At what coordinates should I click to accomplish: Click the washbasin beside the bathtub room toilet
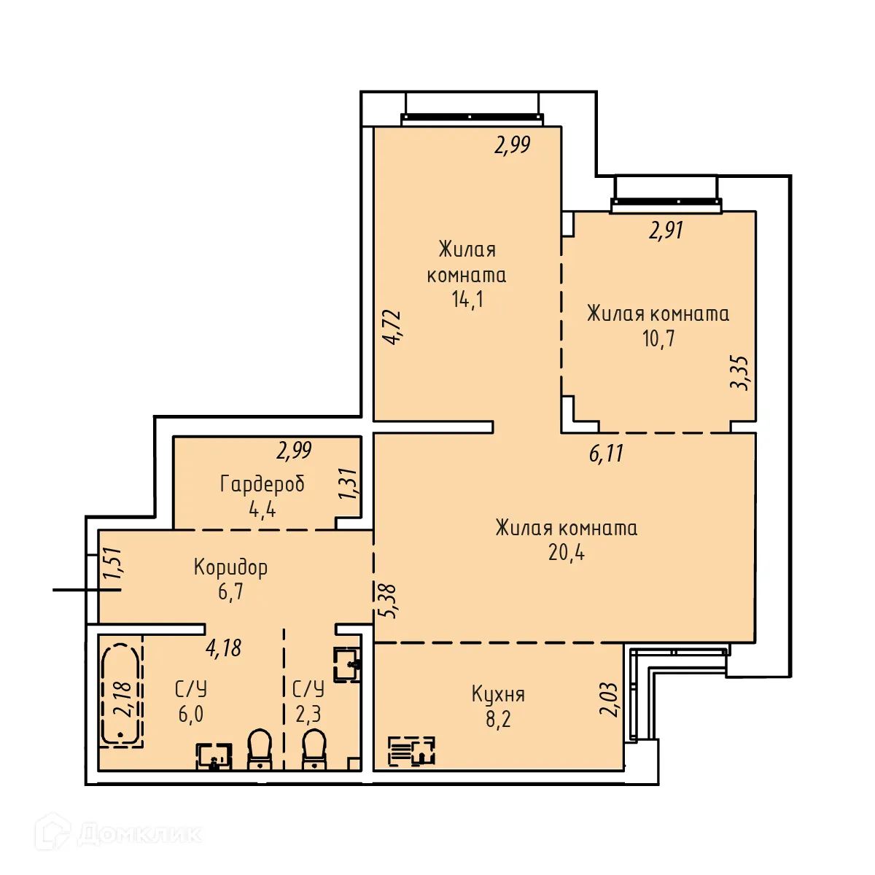214,757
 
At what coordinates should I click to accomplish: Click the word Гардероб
262,483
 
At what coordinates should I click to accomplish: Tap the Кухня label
498,693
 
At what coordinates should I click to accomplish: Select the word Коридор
230,567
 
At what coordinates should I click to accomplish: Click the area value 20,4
567,553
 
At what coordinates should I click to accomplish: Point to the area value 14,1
467,299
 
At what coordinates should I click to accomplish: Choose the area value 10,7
658,338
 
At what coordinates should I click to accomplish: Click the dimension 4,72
392,327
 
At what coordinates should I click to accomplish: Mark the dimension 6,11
606,454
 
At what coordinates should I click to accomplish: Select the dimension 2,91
666,230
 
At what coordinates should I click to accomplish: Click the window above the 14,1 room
472,117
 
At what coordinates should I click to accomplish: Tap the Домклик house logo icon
52,832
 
